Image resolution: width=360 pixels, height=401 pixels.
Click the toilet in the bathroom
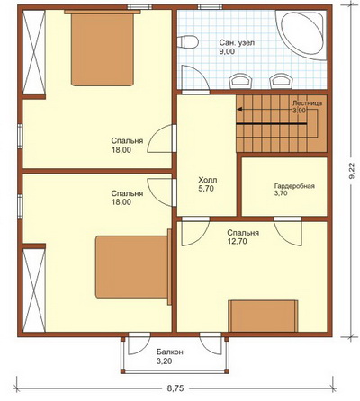(187, 41)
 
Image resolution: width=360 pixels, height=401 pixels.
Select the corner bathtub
(301, 35)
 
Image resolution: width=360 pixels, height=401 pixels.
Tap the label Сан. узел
(237, 43)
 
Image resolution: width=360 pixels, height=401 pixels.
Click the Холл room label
(208, 180)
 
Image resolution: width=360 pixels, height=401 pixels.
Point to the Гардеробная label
(294, 186)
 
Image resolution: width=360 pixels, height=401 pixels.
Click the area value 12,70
(237, 241)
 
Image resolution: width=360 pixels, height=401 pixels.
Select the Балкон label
(170, 352)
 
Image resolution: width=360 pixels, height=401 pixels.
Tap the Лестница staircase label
(307, 103)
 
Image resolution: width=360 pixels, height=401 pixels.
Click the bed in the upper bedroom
(103, 48)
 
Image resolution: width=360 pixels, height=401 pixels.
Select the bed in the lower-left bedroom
(133, 267)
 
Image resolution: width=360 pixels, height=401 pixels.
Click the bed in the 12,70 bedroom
(263, 316)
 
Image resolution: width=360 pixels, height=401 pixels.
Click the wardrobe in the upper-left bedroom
(34, 52)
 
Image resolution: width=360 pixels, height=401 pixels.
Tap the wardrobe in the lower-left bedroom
(34, 290)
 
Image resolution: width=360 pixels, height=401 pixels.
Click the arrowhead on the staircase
(239, 110)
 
